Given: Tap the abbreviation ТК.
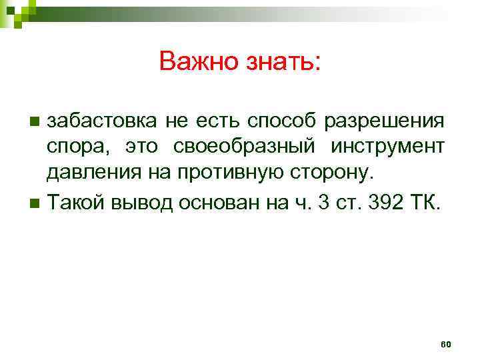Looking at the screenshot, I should coord(426,202).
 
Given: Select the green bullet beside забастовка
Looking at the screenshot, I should coord(35,121).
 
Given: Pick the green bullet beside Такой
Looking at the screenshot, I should coord(35,203).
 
